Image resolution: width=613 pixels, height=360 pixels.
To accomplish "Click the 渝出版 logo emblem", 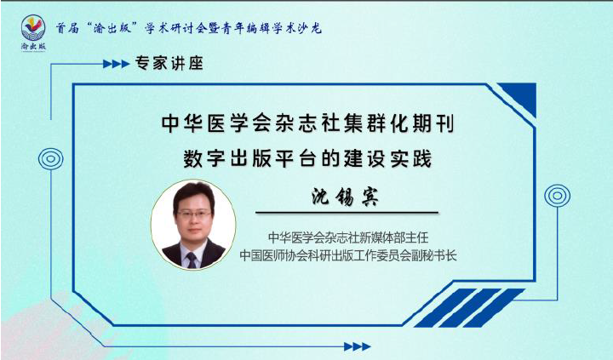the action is [x=33, y=29].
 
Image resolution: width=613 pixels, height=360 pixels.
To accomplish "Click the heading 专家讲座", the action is [x=169, y=63].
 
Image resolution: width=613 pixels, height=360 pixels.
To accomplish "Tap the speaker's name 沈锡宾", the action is [x=345, y=197].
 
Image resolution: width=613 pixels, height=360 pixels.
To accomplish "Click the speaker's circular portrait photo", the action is [x=193, y=225].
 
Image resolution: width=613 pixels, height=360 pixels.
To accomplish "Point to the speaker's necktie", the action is [x=192, y=260].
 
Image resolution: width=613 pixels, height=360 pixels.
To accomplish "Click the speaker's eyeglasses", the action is [x=194, y=214].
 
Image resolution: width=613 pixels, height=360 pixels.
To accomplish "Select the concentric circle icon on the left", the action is [x=51, y=159].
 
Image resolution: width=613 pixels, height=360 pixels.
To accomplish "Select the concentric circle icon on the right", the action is [x=557, y=196].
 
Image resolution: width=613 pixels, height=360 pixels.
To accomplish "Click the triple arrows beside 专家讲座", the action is [x=116, y=64].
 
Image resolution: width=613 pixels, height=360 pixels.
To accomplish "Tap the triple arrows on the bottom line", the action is [x=357, y=346].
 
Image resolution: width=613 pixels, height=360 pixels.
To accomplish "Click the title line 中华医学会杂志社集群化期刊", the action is [x=307, y=123].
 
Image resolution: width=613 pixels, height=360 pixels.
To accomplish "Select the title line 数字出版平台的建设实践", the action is [x=307, y=158].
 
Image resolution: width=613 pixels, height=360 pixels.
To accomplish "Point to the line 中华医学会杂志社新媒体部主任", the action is [x=348, y=237].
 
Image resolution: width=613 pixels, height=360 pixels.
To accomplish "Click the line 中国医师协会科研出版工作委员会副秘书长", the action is [x=348, y=255].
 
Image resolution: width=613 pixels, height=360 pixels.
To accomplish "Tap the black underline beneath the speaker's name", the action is [x=347, y=213].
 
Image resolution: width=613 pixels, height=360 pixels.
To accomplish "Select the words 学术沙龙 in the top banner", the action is [x=296, y=28].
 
